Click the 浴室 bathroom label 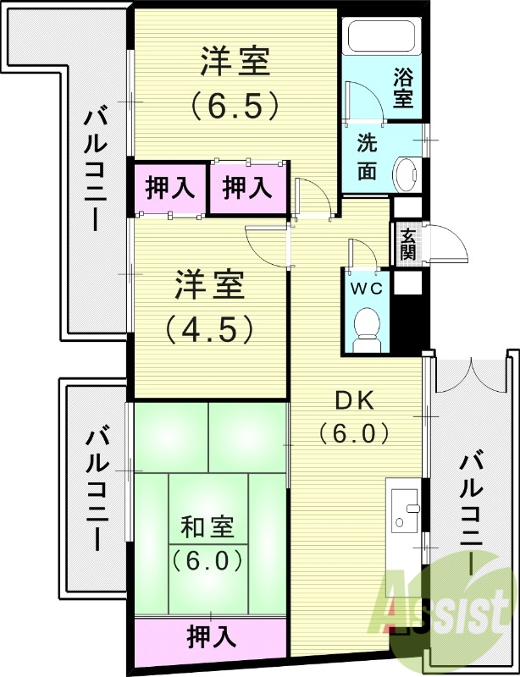(x=403, y=87)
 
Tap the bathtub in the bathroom (x=381, y=38)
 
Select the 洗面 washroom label (x=367, y=156)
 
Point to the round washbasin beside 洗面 (x=407, y=173)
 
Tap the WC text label (x=368, y=288)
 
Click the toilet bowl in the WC (x=368, y=325)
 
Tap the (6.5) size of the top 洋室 (x=235, y=104)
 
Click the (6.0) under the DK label (x=354, y=433)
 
